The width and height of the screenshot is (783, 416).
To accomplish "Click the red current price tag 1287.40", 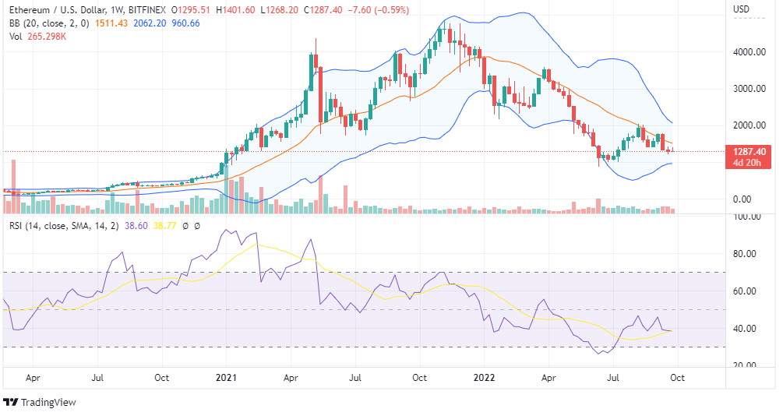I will (x=750, y=152).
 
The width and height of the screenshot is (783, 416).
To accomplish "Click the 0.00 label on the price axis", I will (x=752, y=199).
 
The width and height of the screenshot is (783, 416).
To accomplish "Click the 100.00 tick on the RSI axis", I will (x=749, y=217).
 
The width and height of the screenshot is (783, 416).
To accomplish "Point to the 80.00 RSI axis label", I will (x=751, y=254).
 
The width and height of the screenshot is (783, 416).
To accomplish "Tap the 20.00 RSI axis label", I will (x=751, y=365).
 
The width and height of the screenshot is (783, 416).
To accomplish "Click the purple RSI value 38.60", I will (x=136, y=226).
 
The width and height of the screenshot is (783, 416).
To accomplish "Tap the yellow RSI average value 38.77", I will (x=166, y=226).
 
